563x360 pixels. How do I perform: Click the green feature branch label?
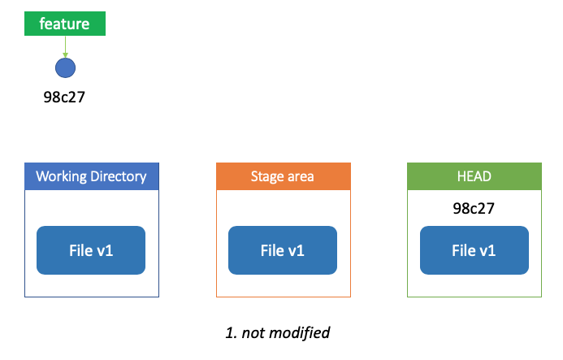pos(65,24)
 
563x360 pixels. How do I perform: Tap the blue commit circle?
pos(65,68)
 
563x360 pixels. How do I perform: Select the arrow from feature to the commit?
pos(65,46)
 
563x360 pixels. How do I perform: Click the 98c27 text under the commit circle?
pos(64,98)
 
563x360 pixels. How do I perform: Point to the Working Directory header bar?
pos(92,176)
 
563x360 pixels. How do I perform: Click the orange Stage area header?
pos(284,176)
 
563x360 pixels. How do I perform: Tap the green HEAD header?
pos(474,176)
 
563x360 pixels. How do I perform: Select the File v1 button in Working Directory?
pos(91,250)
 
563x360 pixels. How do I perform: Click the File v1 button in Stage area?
pos(283,250)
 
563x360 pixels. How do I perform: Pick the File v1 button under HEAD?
pos(474,250)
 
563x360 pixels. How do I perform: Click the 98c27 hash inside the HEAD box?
pos(474,208)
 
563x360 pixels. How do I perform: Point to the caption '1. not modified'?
pos(278,332)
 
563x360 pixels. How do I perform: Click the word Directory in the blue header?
pos(119,177)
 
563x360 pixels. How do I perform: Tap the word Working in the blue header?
pos(62,177)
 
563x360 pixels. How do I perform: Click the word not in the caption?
pos(253,333)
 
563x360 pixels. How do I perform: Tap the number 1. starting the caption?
pos(232,333)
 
